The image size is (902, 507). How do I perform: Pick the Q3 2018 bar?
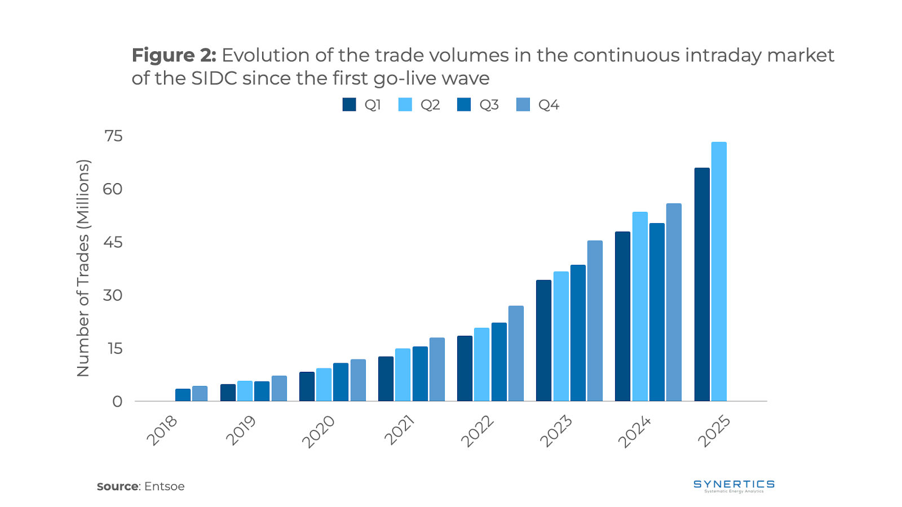183,395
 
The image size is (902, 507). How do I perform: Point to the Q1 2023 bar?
543,341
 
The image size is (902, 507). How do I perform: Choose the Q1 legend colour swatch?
350,105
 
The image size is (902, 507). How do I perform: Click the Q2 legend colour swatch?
405,105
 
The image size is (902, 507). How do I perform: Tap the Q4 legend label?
549,105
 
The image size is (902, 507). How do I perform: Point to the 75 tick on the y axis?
113,136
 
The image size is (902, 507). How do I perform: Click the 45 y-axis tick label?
113,242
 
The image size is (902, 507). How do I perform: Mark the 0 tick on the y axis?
117,402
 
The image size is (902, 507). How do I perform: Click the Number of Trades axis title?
83,268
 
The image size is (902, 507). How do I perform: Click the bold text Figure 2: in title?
174,55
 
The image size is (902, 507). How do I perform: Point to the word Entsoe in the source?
164,486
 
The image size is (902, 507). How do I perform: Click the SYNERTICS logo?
734,486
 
